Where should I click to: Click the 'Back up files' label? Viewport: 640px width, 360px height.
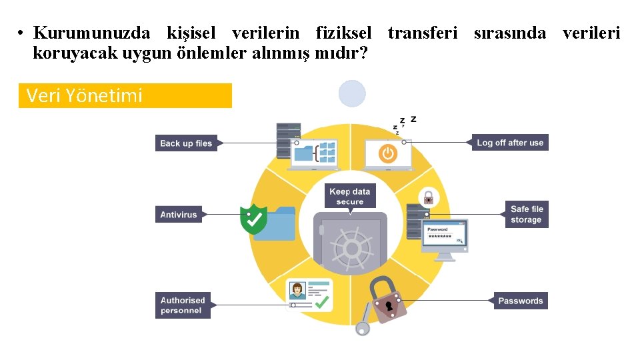[186, 143]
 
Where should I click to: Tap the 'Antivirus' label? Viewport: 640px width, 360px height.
[179, 215]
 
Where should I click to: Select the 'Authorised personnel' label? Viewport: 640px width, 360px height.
[182, 305]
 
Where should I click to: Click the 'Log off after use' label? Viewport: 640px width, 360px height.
[510, 143]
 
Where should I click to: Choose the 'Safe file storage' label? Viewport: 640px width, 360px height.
[527, 214]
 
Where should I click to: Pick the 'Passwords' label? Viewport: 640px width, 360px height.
[521, 301]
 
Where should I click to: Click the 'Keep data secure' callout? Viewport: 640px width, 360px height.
[350, 196]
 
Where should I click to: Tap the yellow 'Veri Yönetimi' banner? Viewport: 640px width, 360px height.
[125, 96]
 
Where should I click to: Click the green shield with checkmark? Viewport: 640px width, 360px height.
[253, 220]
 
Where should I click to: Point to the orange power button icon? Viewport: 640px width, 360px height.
[387, 153]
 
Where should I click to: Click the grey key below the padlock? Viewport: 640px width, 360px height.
[363, 321]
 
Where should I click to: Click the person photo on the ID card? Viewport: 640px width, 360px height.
[297, 291]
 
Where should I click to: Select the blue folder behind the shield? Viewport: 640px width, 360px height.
[280, 224]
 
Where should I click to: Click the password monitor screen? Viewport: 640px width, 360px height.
[445, 235]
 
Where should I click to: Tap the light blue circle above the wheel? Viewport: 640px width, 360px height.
[352, 94]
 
